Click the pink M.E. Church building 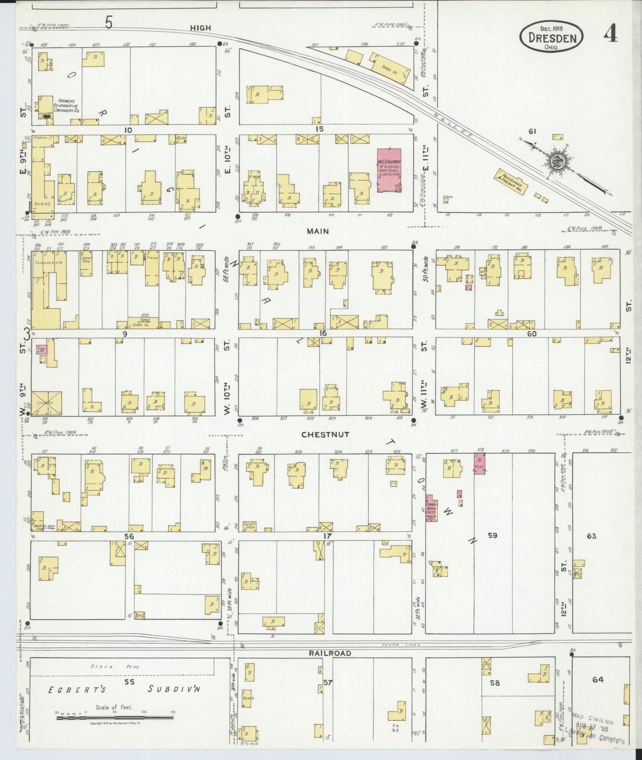coord(389,170)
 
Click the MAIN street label coord(318,231)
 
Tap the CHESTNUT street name coord(325,434)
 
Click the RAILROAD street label coord(330,653)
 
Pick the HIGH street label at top coord(200,28)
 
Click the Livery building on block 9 coord(46,403)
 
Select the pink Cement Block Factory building coord(431,508)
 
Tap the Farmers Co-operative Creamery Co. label coord(66,107)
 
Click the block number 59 coord(492,536)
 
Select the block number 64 coord(598,680)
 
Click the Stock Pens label coord(108,666)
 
